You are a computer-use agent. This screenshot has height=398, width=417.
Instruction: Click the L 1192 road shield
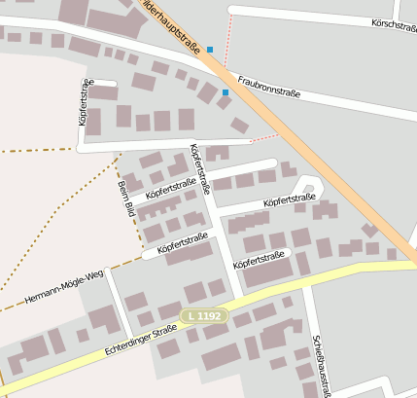[205, 316]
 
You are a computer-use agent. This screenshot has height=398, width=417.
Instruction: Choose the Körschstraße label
[393, 26]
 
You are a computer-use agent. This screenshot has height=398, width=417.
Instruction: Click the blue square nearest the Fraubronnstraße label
[226, 92]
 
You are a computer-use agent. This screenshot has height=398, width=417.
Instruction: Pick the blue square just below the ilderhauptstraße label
[209, 49]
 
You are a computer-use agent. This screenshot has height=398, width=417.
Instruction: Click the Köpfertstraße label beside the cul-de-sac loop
[289, 201]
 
